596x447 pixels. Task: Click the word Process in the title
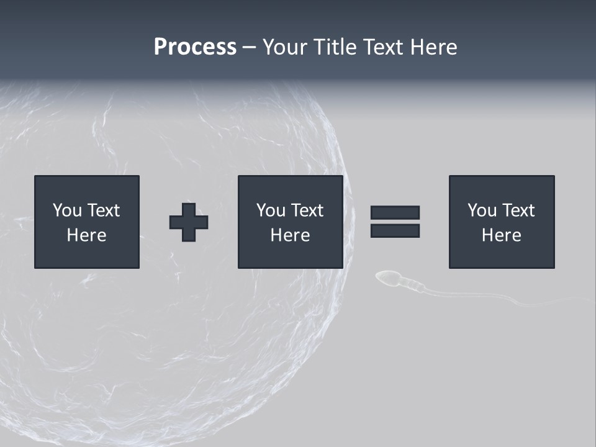click(195, 47)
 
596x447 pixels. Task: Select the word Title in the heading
click(336, 47)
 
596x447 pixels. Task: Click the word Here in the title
click(434, 47)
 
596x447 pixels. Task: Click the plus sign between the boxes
click(189, 222)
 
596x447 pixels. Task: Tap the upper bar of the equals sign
click(395, 212)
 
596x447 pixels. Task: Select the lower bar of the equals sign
click(395, 230)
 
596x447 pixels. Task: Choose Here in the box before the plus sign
click(86, 235)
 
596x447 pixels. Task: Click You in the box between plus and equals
click(271, 210)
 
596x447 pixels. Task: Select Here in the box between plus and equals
click(290, 235)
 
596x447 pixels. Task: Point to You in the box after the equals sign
click(482, 210)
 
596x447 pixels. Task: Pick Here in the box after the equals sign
click(501, 235)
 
